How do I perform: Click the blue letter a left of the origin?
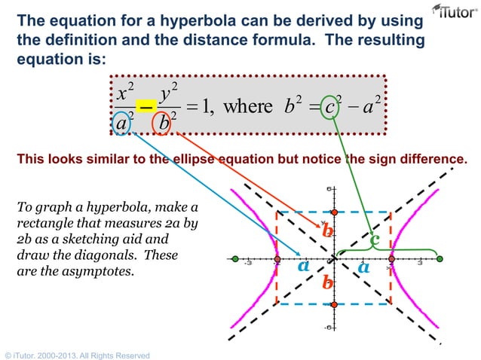tap(304, 266)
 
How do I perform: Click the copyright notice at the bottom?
tap(77, 355)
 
